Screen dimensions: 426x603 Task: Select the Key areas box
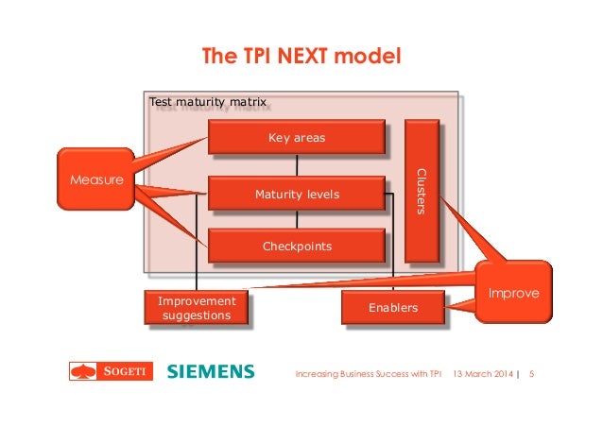click(297, 138)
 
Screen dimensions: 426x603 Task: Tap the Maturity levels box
click(297, 195)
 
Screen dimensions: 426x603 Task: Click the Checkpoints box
click(297, 247)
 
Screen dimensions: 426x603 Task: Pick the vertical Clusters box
click(421, 191)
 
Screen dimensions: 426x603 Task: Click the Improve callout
click(514, 293)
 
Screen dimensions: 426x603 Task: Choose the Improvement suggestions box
click(197, 308)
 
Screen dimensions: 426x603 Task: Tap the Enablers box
click(392, 308)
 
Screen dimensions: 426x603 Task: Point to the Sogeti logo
click(110, 371)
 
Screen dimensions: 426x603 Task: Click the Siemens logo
click(211, 371)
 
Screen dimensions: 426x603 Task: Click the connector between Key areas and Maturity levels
click(297, 166)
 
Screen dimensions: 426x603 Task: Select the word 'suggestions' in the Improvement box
click(197, 315)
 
